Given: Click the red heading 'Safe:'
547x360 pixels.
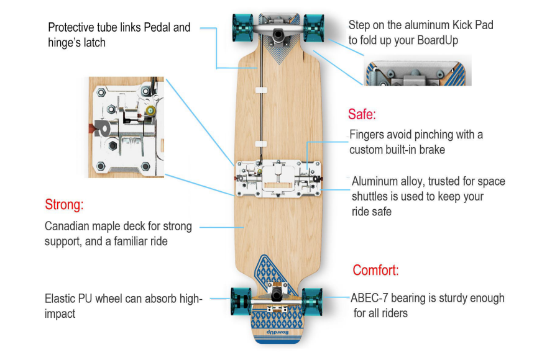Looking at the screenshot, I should [x=362, y=115].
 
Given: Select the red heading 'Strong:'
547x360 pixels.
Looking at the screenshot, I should [x=64, y=204].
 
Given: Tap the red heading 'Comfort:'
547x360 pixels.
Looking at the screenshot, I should [x=375, y=270].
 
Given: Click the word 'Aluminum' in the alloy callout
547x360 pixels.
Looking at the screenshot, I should [x=376, y=181].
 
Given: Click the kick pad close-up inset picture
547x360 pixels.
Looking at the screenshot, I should [x=416, y=70].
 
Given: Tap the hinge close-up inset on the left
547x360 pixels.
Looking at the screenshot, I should [x=126, y=127].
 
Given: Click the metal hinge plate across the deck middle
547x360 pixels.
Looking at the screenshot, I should [x=277, y=179].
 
